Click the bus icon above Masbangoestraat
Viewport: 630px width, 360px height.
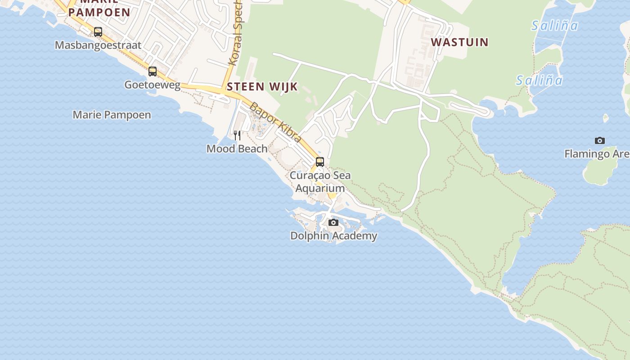(98, 32)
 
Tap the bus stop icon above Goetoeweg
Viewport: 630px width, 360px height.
(153, 71)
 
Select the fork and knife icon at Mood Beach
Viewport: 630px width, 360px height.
(237, 135)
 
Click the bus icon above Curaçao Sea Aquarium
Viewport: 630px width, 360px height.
(320, 162)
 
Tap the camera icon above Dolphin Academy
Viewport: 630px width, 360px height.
(333, 222)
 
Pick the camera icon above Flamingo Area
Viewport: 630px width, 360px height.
(599, 140)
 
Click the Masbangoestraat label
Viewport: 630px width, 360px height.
(98, 45)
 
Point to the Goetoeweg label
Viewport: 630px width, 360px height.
(152, 85)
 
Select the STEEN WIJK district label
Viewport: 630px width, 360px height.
(262, 87)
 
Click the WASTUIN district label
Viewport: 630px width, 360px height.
(459, 42)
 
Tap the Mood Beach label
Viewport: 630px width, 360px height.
(237, 148)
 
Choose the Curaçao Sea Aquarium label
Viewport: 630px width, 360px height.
(320, 182)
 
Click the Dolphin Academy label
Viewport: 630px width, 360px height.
(333, 235)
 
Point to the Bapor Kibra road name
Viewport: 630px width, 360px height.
(275, 122)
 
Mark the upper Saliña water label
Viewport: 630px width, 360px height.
(554, 26)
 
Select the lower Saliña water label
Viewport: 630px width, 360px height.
(539, 81)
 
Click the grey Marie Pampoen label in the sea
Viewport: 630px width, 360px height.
(112, 115)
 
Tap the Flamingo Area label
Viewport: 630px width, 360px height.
(597, 154)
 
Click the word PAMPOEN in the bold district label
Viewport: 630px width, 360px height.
(99, 12)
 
